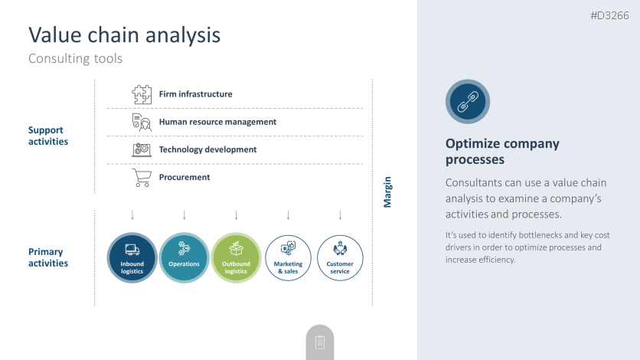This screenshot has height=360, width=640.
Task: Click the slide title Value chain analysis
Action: [125, 35]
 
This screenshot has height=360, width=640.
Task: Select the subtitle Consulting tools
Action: [75, 59]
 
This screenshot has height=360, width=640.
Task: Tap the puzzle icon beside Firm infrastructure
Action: [142, 94]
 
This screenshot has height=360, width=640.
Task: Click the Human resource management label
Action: [217, 122]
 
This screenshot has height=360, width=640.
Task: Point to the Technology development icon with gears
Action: [142, 150]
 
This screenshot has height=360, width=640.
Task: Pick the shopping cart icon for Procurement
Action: [142, 178]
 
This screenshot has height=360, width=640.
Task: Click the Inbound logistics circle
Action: [132, 258]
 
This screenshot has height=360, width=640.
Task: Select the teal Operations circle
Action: [184, 258]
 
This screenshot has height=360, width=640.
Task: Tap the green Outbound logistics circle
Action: [236, 258]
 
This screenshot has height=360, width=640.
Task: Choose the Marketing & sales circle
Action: [288, 258]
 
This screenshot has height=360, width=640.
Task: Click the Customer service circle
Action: [340, 258]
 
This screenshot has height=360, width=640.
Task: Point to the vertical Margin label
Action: [387, 191]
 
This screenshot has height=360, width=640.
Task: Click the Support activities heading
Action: [48, 136]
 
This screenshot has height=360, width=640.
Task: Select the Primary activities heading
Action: [48, 257]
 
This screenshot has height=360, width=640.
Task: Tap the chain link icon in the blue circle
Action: [468, 102]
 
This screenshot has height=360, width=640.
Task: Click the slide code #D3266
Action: [610, 15]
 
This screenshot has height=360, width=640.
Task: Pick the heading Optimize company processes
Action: [502, 151]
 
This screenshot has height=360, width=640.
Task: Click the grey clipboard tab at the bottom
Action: [320, 342]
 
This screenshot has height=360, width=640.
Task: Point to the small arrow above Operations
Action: [184, 215]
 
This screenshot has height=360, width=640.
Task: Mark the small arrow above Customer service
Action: [340, 215]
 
